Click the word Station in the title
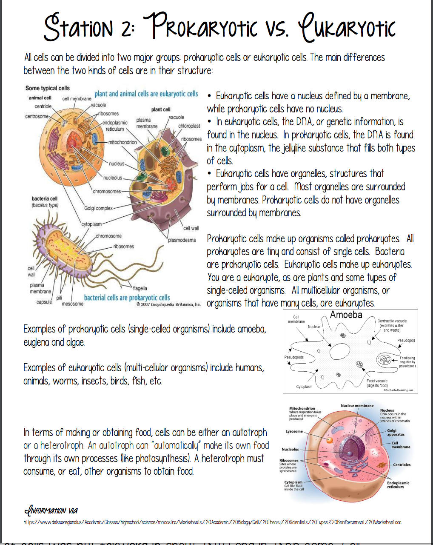point(79,27)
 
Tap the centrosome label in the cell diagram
point(37,116)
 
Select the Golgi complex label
point(98,208)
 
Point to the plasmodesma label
point(182,240)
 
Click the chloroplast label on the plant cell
point(189,126)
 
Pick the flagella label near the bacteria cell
point(140,288)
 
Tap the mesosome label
point(73,304)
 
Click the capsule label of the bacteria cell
point(44,302)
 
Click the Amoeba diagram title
point(346,315)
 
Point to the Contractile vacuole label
point(392,325)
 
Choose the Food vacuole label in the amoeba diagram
point(377,383)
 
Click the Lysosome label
point(294,431)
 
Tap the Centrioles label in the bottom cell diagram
point(402,465)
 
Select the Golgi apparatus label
point(396,433)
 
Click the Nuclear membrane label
point(357,406)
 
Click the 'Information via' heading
point(51,510)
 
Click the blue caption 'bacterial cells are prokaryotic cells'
point(127,298)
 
